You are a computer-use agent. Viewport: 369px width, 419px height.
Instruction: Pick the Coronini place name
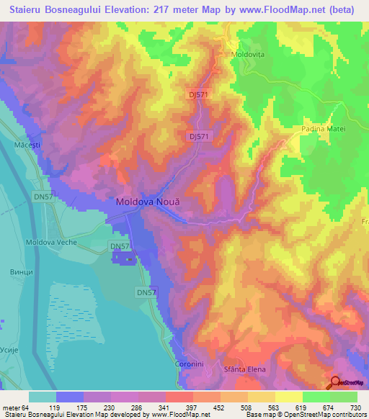190,364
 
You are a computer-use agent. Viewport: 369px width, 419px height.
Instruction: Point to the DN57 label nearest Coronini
146,292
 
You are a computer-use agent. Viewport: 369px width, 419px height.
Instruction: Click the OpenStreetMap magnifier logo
336,382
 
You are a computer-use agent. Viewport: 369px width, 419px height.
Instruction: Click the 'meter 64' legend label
16,407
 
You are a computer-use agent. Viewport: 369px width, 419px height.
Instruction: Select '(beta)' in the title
344,11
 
